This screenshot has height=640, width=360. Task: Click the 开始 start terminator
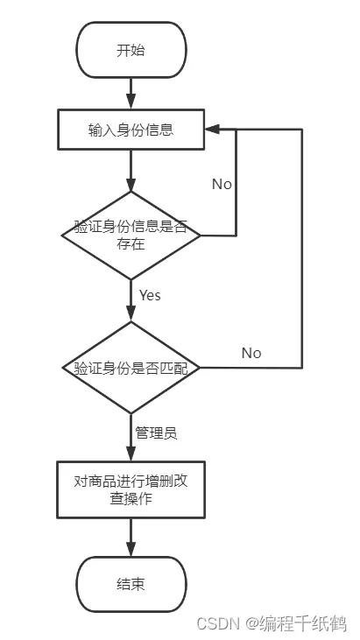coord(131,50)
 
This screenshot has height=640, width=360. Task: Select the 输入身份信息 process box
coord(131,130)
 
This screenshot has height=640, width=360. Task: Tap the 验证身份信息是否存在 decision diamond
coord(131,236)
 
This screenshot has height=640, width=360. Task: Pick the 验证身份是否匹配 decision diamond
coord(131,368)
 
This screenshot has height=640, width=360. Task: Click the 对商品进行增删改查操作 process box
coord(131,489)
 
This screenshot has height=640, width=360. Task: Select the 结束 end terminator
coord(131,585)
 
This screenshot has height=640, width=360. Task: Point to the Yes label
coord(150,295)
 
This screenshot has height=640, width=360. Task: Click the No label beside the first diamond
coord(222,185)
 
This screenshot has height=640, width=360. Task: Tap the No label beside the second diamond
coord(251,353)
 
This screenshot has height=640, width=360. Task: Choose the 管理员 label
coord(156,433)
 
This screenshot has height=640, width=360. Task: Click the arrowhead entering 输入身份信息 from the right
coord(212,130)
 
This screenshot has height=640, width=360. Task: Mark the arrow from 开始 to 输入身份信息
coord(131,94)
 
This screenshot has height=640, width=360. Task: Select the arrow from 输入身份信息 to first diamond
coord(131,171)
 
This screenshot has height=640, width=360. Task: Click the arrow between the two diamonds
coord(131,301)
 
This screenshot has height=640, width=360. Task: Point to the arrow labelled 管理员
coord(131,438)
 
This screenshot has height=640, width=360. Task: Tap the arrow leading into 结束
coord(131,538)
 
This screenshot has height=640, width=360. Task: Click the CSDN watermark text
coord(218,623)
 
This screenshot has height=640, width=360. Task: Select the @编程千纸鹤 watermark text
coord(296,623)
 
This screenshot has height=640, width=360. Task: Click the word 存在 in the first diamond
coord(131,244)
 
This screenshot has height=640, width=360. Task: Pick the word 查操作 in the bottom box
coord(131,498)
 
